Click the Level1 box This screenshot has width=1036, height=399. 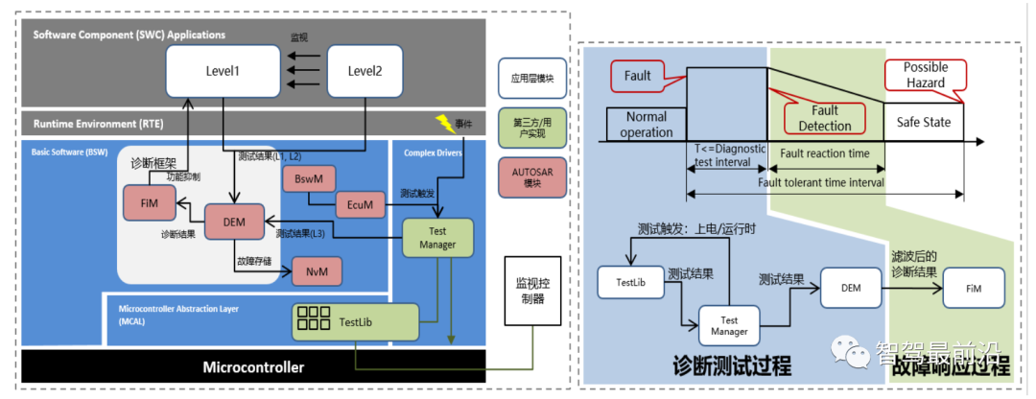coord(223,72)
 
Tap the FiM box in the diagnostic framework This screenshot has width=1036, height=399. coord(149,203)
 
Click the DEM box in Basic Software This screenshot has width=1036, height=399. coord(235,222)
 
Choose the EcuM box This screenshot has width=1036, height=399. coord(361,203)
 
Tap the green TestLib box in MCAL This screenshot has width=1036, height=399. coord(355,320)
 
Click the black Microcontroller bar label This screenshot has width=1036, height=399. coord(252,367)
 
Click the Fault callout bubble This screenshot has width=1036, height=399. coord(637,75)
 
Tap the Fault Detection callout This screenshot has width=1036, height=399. coord(824,119)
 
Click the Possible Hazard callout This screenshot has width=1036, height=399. coord(926,75)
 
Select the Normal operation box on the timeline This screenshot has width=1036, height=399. coord(647,125)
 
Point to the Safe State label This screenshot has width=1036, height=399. coord(923,123)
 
